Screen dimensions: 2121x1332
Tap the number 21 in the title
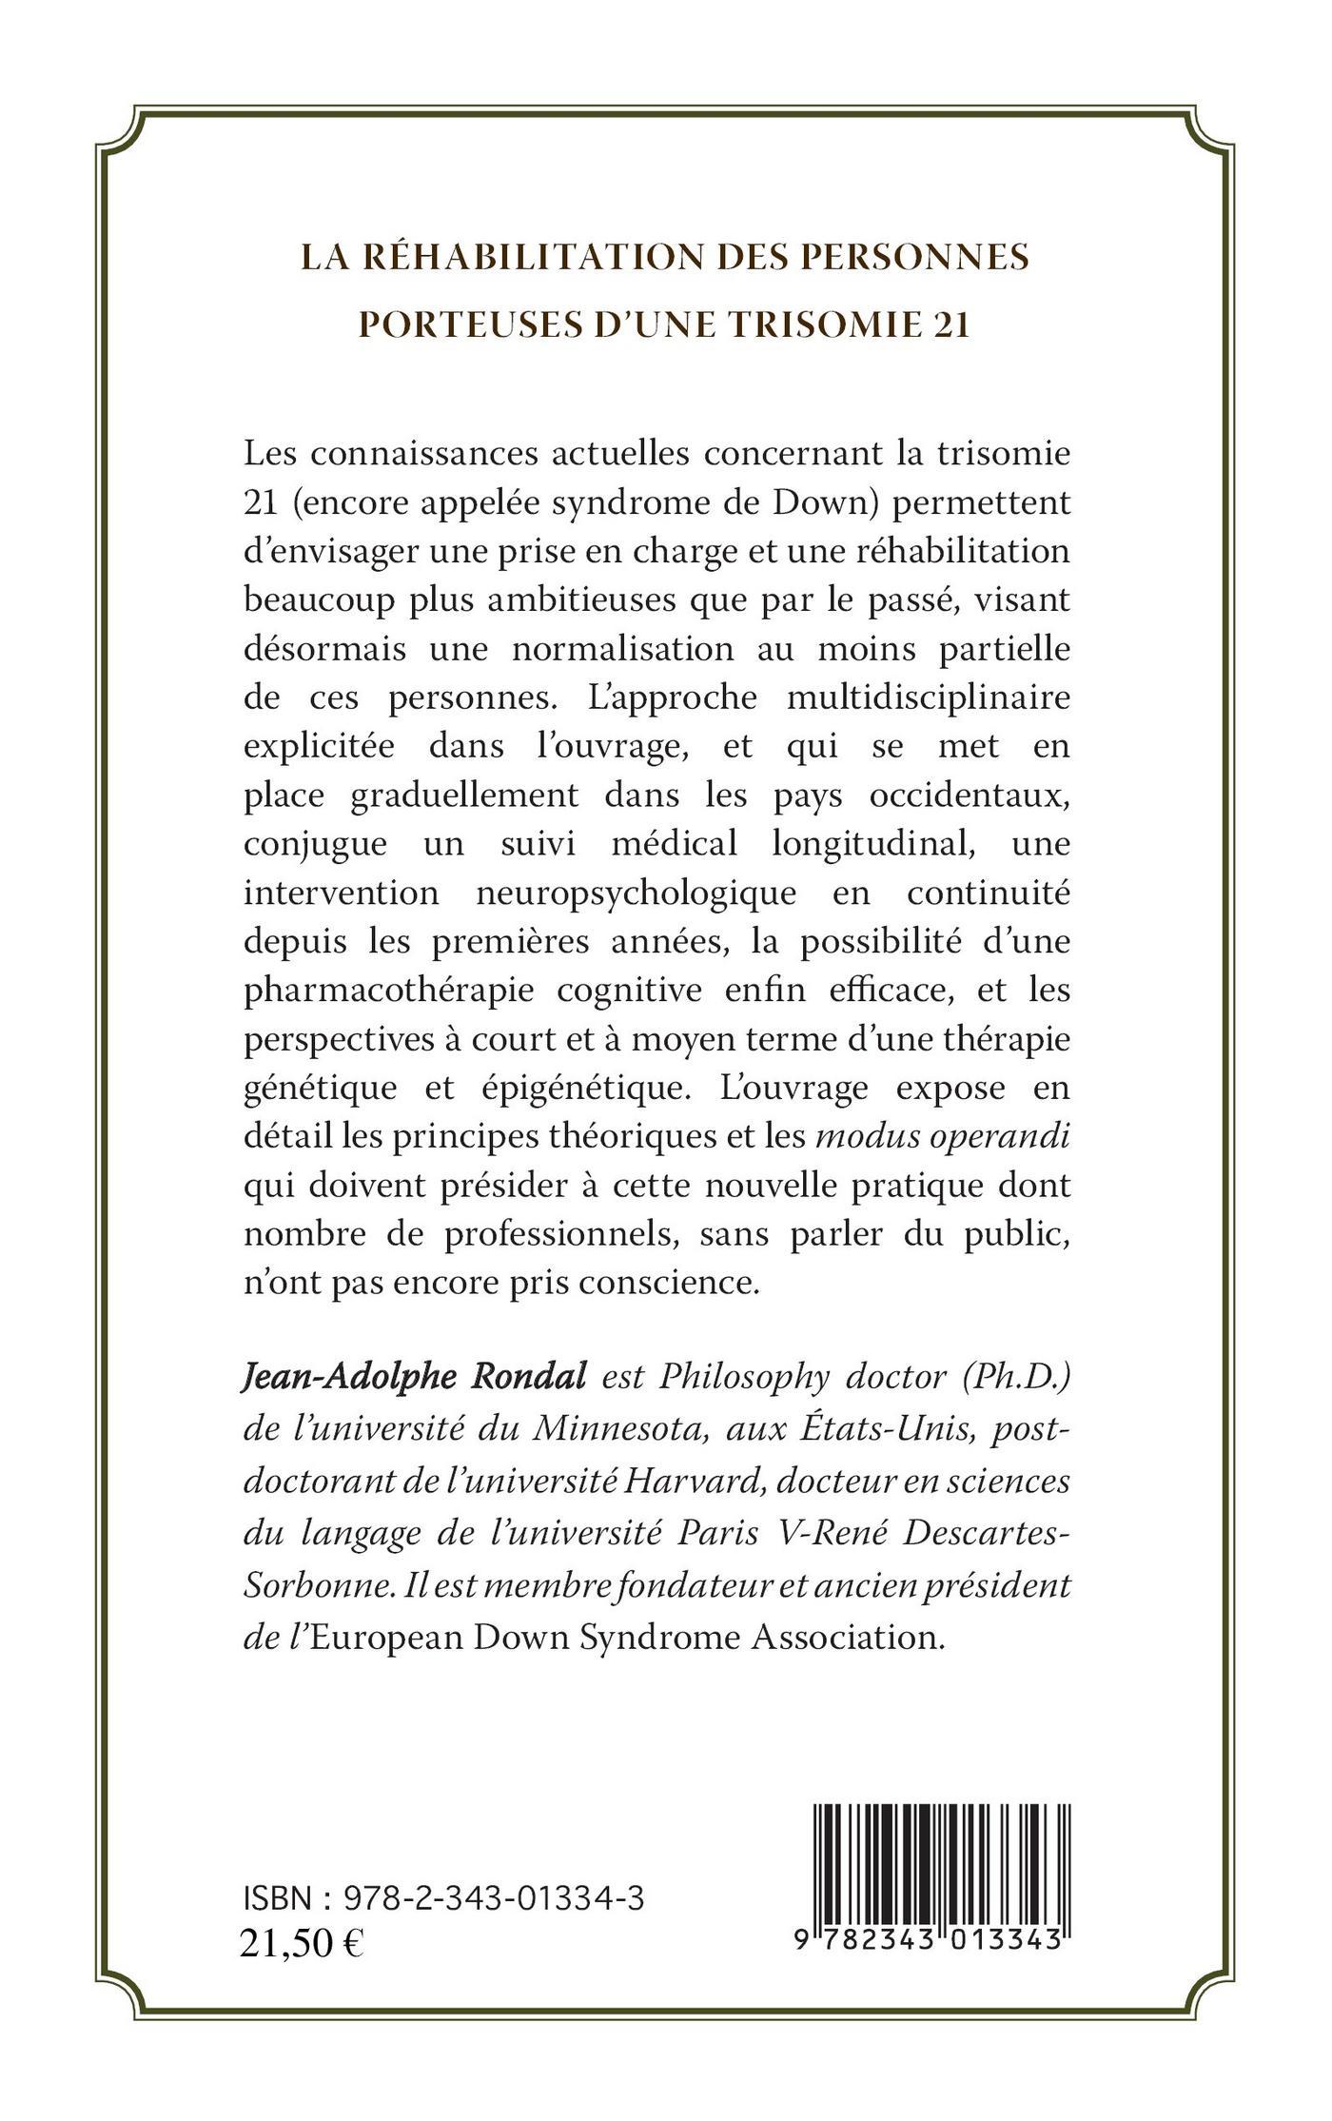[949, 324]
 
